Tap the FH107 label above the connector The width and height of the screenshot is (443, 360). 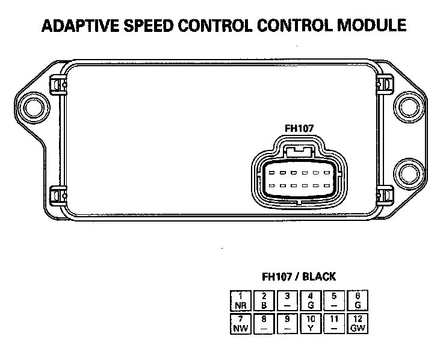(300, 128)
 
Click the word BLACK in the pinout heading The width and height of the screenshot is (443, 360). (319, 277)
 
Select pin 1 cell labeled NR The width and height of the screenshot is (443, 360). (241, 300)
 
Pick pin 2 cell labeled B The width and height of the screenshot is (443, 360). (264, 300)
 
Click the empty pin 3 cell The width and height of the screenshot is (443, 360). (287, 300)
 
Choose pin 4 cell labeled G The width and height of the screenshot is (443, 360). (311, 300)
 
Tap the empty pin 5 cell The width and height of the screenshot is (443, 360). (333, 300)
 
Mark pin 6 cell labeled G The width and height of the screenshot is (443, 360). (357, 300)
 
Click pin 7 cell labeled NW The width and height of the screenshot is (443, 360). (241, 323)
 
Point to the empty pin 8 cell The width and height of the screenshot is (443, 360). (264, 323)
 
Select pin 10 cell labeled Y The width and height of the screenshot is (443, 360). (311, 323)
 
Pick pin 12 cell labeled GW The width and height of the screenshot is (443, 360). (357, 323)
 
